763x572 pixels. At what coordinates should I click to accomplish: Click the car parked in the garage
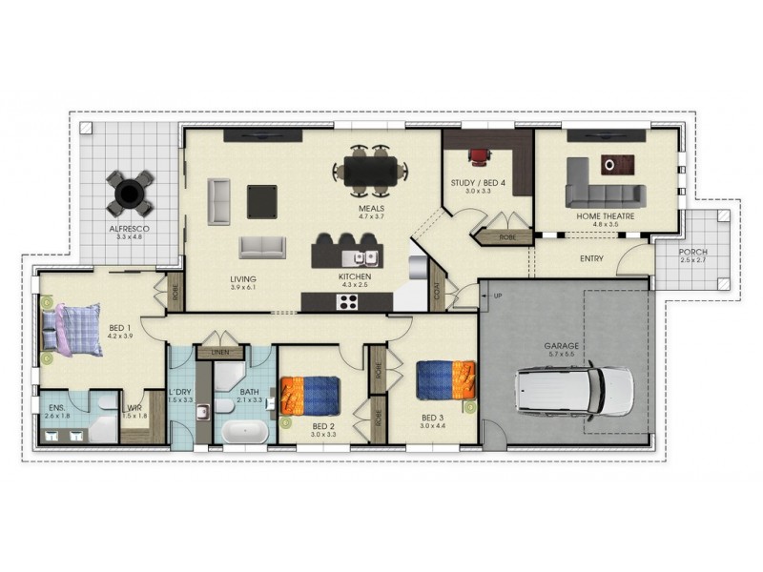click(x=573, y=392)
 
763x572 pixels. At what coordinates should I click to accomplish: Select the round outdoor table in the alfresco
click(x=127, y=194)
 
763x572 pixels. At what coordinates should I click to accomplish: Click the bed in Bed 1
click(x=72, y=330)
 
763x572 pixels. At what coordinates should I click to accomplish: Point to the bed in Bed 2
click(x=310, y=396)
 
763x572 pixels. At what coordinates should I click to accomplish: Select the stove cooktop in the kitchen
click(x=348, y=302)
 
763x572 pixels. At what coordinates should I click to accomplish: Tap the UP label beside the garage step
click(x=497, y=296)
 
